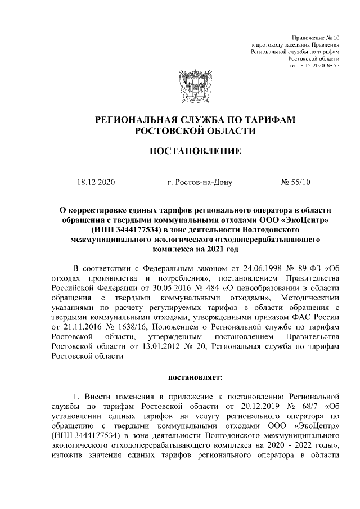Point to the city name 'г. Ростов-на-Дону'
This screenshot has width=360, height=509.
pos(199,182)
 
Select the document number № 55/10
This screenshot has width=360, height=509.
pos(299,182)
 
